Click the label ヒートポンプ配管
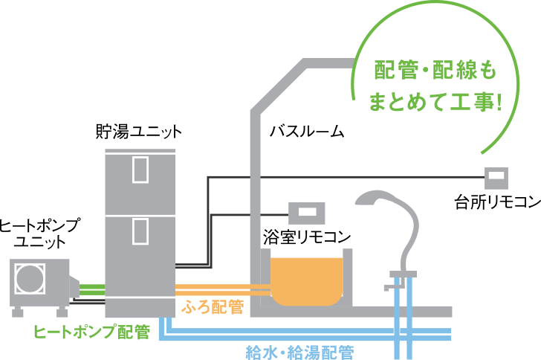tap(91, 331)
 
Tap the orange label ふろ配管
tap(213, 306)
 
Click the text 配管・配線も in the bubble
tap(435, 72)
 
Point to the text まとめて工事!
tap(435, 103)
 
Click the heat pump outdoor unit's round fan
tap(30, 279)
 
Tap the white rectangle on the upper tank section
tap(140, 170)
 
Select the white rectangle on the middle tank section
tap(140, 231)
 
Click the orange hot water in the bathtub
tap(307, 279)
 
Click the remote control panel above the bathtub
tap(307, 213)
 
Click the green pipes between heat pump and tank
tap(91, 289)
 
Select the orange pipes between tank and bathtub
tap(221, 289)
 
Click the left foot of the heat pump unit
tap(17, 312)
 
